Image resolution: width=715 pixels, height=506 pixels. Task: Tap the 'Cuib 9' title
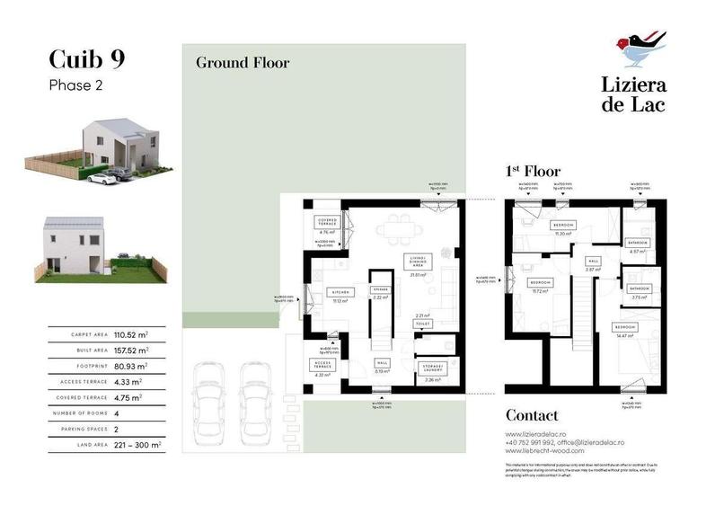click(86, 59)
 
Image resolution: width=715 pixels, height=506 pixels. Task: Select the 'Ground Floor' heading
click(243, 63)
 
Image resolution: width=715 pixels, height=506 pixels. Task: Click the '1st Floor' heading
click(534, 171)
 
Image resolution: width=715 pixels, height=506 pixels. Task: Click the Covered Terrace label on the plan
click(326, 222)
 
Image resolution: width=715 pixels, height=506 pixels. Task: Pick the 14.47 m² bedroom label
click(625, 326)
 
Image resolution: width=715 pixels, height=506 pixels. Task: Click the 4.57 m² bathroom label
click(638, 243)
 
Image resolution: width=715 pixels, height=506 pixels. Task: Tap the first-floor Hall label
click(593, 261)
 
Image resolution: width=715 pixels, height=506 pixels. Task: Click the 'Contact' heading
click(532, 415)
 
